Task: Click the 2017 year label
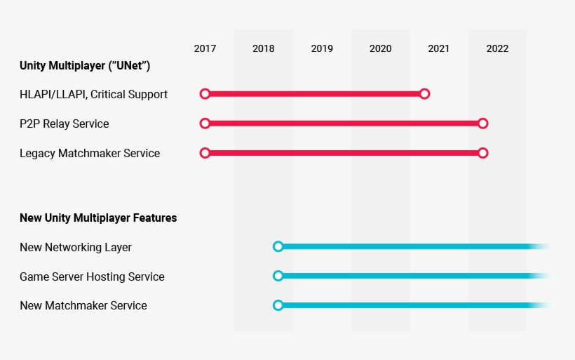point(205,48)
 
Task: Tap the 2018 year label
point(263,48)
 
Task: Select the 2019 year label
point(322,48)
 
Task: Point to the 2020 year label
point(380,48)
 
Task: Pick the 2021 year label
point(438,48)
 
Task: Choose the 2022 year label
point(497,48)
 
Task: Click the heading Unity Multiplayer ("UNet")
point(85,66)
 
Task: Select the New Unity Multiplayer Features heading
point(98,218)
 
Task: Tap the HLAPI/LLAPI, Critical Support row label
point(93,95)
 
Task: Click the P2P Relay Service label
point(65,124)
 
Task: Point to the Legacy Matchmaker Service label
point(90,153)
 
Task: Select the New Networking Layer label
point(76,247)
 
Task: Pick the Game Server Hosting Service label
point(92,276)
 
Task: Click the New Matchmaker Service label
point(83,305)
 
